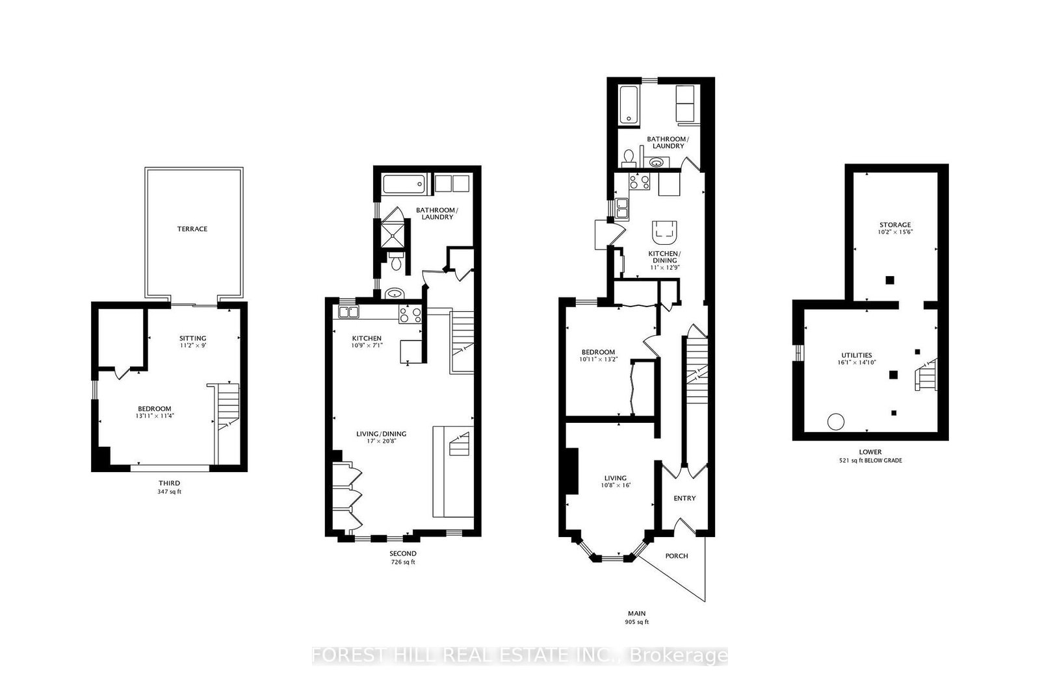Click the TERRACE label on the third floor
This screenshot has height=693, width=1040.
coord(192,229)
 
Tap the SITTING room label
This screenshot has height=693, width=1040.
coord(193,338)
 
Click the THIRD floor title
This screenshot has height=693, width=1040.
coord(170,483)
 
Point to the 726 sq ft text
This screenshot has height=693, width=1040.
coord(402,562)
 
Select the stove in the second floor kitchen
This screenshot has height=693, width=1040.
coord(410,314)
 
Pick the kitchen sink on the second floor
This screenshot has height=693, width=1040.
coord(348,312)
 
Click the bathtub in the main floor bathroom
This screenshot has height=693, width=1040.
coord(629,105)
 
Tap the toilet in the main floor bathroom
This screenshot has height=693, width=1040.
coord(628,157)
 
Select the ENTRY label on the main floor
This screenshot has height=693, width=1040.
coord(684,499)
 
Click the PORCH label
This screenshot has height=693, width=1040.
coord(676,556)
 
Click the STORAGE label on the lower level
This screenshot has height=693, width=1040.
coord(896,225)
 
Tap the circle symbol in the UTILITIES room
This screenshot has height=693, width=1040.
coord(835,421)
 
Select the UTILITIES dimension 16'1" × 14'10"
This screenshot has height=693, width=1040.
coord(857,362)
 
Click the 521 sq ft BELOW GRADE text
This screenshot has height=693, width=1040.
coord(870,460)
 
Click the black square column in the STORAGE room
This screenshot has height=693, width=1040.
coord(890,280)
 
